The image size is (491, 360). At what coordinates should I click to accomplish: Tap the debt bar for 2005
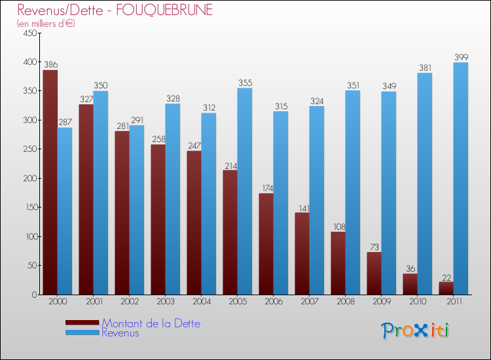(x=230, y=232)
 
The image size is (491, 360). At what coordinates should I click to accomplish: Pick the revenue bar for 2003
(x=173, y=199)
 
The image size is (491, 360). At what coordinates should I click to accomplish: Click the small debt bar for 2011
(x=446, y=288)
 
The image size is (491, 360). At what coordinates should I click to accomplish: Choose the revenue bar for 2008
(x=353, y=192)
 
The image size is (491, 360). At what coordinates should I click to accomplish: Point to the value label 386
(x=50, y=65)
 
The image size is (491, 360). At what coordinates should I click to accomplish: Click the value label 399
(x=462, y=58)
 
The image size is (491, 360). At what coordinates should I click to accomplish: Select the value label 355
(x=245, y=83)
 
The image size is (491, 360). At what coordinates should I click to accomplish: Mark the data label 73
(x=374, y=247)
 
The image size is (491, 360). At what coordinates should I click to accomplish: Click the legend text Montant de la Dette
(x=151, y=323)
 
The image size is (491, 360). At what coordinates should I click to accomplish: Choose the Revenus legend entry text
(x=120, y=333)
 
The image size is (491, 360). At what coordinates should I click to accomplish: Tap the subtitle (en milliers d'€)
(x=46, y=24)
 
